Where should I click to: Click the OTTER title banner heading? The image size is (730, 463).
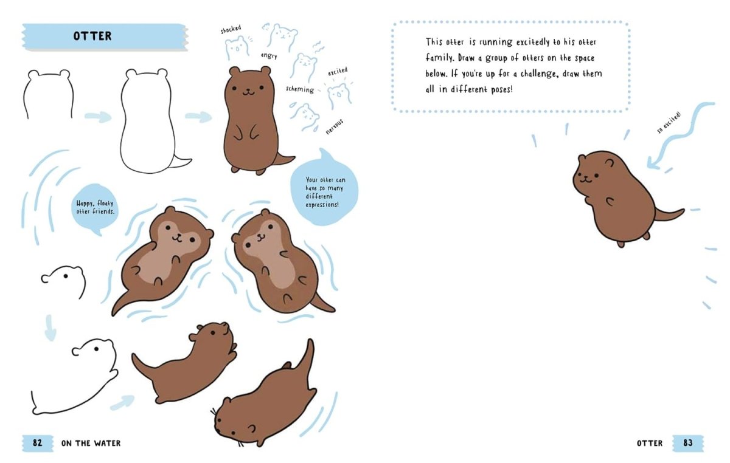point(92,36)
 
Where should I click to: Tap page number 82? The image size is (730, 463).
point(37,443)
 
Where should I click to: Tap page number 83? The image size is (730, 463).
point(687,443)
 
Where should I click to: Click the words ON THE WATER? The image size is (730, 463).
point(91,443)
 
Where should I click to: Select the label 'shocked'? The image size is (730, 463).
point(231,29)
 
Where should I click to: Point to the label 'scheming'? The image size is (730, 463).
point(300,89)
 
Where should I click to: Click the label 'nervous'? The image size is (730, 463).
point(335,126)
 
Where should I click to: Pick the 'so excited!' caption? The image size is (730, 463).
point(669,123)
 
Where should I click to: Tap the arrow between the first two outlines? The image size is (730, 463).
point(97,117)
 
